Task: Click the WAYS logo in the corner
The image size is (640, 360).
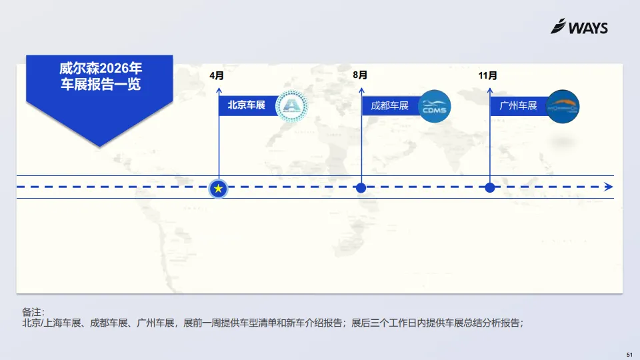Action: pos(579,27)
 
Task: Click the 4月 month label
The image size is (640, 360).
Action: pos(217,75)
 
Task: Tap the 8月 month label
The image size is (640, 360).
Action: pos(360,75)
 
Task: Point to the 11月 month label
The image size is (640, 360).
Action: pos(487,75)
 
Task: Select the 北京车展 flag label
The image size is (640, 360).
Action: pos(247,105)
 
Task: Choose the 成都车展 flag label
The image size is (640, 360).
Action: pos(389,105)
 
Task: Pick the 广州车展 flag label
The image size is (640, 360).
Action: pos(518,105)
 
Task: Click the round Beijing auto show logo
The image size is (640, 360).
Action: pos(292,106)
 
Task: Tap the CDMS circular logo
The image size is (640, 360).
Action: pos(435,106)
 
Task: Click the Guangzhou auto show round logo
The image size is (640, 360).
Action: pos(563,106)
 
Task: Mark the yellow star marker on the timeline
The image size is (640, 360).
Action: pos(219,189)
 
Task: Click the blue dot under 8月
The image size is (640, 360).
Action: pos(361,188)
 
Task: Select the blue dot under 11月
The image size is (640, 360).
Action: pos(490,188)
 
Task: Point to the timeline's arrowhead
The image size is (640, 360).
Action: pos(608,187)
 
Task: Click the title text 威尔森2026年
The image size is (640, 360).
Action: pos(101,69)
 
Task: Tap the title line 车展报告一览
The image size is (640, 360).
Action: pos(101,85)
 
